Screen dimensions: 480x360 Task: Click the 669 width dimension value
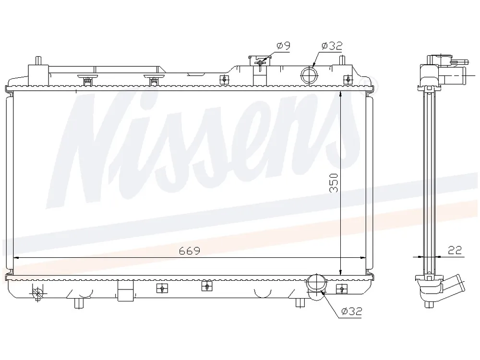pos(190,251)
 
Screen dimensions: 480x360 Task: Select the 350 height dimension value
pos(334,183)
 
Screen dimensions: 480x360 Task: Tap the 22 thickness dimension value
pos(455,250)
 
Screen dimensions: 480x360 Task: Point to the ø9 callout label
pos(283,46)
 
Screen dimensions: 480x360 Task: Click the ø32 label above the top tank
pos(332,46)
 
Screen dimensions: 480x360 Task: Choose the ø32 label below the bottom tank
pos(352,312)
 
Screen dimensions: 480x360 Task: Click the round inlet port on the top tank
pos(310,75)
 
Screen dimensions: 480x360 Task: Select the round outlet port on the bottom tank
pos(317,283)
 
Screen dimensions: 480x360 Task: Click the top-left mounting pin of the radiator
pos(38,60)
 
